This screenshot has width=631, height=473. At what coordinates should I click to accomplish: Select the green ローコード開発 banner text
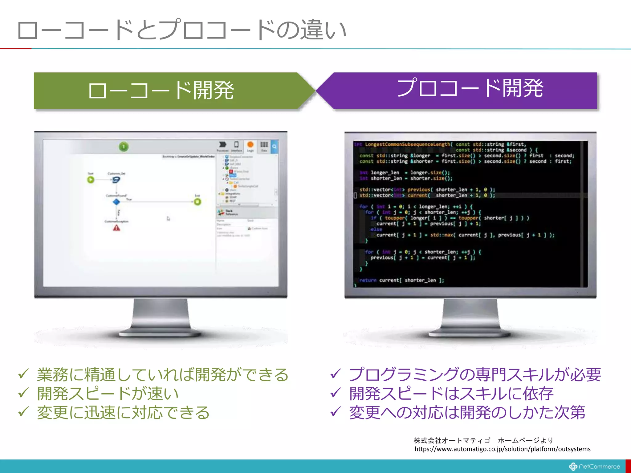point(161,91)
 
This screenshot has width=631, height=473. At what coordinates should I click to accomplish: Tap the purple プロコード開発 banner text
point(470,88)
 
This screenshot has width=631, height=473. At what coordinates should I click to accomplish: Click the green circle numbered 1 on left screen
point(124,147)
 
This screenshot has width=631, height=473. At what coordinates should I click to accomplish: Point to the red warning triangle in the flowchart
point(116,228)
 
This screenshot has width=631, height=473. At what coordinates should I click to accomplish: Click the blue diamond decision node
point(116,202)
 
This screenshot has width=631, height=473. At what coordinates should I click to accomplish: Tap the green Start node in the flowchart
point(91,180)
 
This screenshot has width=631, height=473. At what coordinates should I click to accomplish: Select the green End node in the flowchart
point(197,202)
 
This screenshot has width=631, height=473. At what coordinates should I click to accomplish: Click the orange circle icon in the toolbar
point(250,144)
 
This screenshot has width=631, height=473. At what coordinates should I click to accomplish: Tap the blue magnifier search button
point(274,147)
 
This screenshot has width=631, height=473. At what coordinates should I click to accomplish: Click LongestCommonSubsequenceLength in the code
point(407,144)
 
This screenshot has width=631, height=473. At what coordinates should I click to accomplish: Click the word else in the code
point(376,229)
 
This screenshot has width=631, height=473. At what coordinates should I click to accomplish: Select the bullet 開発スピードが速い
point(108,393)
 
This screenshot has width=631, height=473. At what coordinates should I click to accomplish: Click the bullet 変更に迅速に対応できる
point(123,412)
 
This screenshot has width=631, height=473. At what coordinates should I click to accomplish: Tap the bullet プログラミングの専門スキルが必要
point(474,374)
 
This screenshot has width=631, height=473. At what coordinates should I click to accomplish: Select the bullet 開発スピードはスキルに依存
point(451,393)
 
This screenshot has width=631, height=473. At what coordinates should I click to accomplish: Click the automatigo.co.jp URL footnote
point(502,449)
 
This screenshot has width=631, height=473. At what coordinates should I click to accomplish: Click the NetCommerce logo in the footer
point(595,467)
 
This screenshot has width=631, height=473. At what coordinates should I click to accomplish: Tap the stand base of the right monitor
point(470,334)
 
